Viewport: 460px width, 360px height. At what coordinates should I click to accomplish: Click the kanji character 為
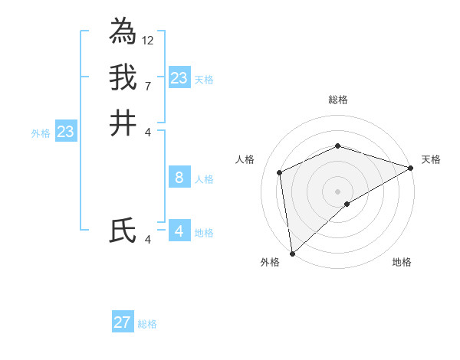tap(123, 31)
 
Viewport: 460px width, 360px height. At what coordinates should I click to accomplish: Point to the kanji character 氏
tap(123, 231)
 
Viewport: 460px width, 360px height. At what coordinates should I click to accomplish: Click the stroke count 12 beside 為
tap(148, 40)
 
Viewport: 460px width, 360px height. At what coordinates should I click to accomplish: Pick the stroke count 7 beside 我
tap(148, 86)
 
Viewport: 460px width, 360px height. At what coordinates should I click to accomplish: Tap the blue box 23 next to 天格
tap(179, 78)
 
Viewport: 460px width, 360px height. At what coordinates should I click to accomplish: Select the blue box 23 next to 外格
tap(65, 133)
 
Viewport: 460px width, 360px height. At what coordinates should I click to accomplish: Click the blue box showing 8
tap(179, 178)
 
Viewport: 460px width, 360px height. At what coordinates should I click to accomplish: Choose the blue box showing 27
tap(123, 322)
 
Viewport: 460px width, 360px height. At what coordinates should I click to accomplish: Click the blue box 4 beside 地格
tap(179, 231)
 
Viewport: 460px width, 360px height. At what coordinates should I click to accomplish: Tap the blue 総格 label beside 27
tap(148, 324)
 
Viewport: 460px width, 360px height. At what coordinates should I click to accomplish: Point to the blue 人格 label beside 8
tap(204, 179)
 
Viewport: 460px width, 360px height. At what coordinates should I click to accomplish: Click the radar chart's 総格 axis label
tap(338, 100)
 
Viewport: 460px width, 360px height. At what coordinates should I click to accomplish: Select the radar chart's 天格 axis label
tap(431, 159)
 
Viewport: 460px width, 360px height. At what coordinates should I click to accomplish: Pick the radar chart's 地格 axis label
tap(402, 262)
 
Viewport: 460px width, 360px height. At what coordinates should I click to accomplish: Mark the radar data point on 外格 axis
tap(292, 254)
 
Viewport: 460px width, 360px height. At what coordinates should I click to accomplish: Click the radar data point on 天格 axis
tap(411, 168)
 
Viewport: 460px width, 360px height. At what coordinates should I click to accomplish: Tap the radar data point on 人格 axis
tap(280, 172)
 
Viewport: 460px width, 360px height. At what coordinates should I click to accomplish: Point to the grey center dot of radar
tap(338, 191)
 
